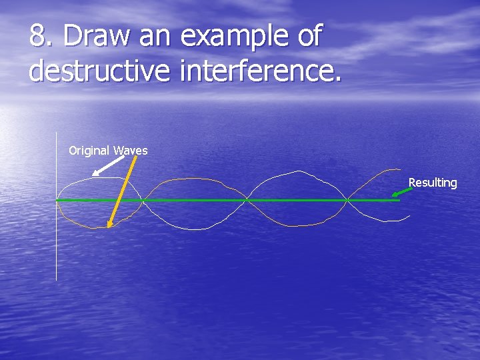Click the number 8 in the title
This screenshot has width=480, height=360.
39,37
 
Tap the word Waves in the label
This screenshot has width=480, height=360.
131,151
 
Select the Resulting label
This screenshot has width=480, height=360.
433,183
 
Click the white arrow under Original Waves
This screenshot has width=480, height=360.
107,166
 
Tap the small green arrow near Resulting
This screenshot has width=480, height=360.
401,192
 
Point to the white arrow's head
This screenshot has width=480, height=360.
95,173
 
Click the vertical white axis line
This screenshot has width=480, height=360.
57,240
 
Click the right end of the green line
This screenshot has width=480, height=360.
398,200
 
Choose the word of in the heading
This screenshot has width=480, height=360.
309,37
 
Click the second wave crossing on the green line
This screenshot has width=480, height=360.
247,200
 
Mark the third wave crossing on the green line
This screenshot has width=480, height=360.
347,200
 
